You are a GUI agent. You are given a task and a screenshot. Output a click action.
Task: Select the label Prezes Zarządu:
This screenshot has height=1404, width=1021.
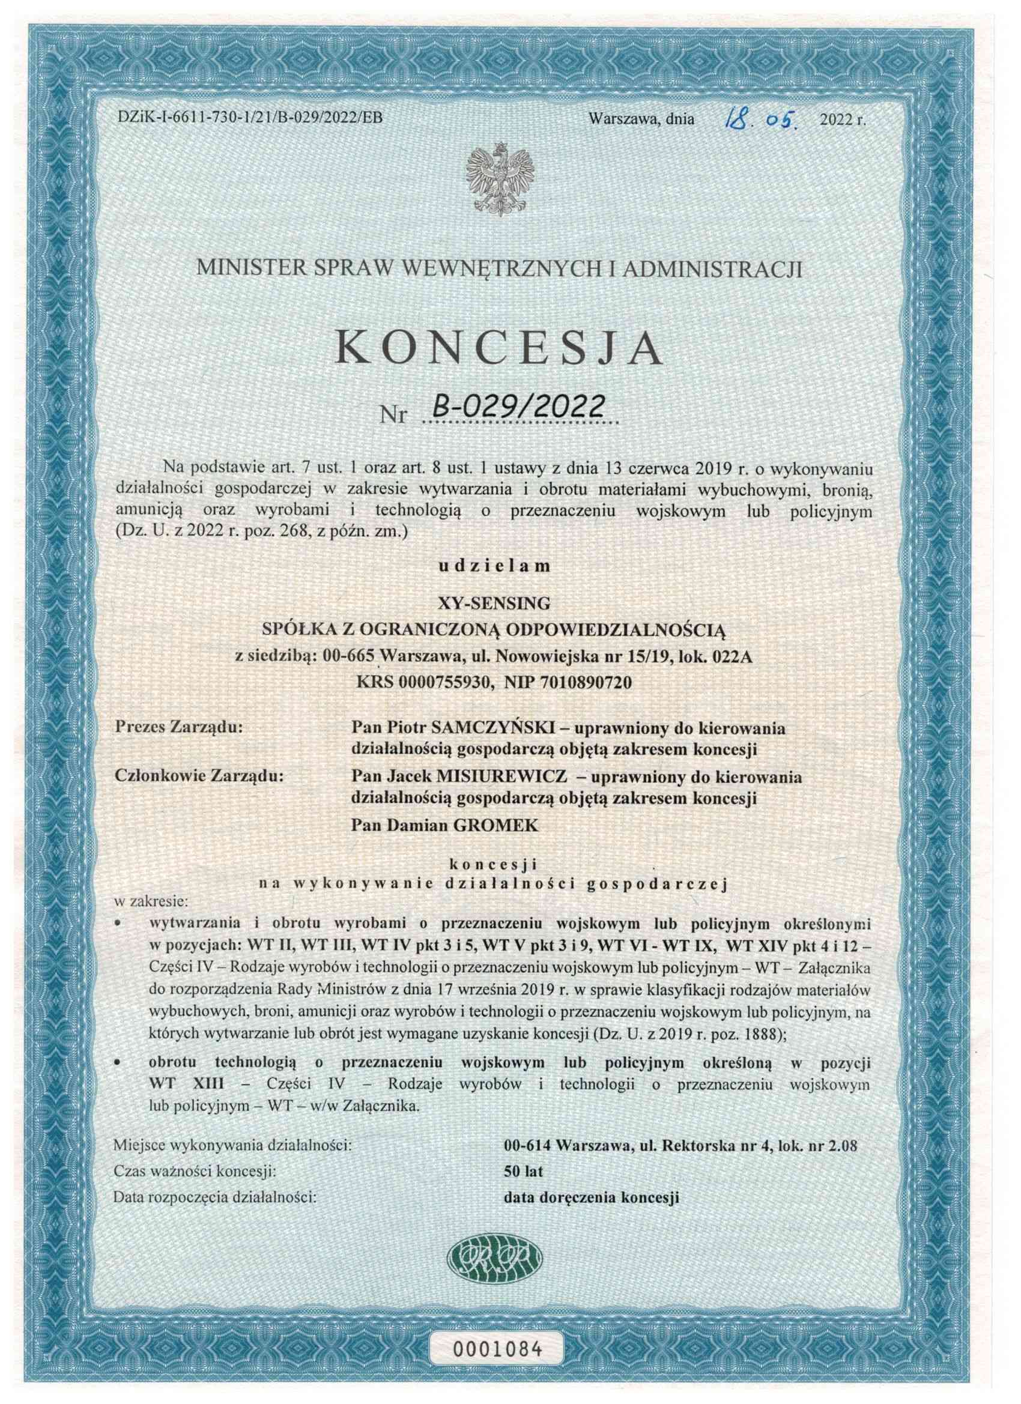pyautogui.click(x=180, y=728)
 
